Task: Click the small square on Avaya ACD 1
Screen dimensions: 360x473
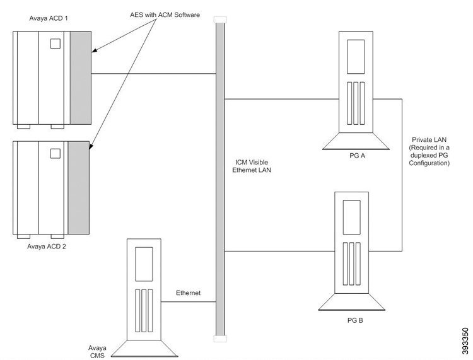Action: pos(55,44)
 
